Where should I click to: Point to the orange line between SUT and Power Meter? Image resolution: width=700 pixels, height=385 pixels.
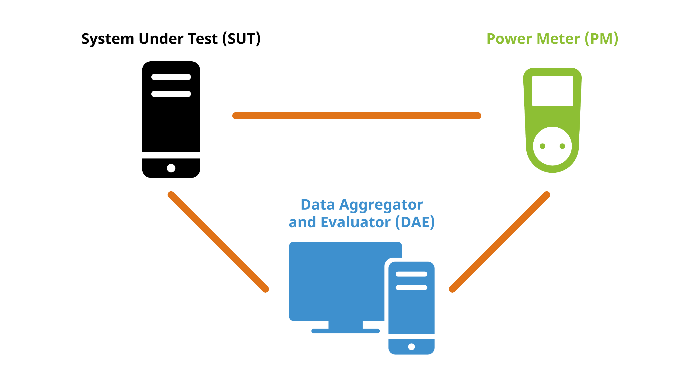(x=357, y=115)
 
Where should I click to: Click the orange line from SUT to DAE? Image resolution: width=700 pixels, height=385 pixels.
(x=218, y=242)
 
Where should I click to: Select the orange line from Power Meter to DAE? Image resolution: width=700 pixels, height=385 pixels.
(x=500, y=242)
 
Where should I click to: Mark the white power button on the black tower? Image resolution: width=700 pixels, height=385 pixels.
(x=171, y=168)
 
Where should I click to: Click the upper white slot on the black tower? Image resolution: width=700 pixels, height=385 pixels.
(x=171, y=77)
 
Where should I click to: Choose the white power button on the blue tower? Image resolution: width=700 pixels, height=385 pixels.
(x=411, y=347)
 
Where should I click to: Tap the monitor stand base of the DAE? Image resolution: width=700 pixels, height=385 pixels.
(x=345, y=331)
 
